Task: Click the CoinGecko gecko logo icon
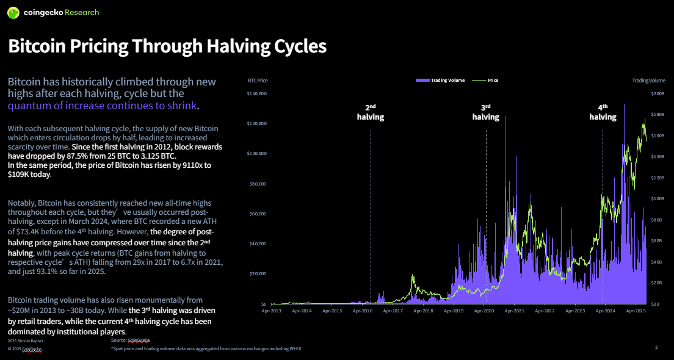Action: point(12,12)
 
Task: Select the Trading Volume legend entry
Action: point(440,80)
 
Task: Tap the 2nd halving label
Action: point(371,112)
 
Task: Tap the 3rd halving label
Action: point(486,112)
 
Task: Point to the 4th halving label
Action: point(603,112)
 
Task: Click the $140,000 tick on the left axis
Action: point(257,94)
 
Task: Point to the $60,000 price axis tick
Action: point(258,214)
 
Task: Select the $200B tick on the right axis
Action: point(658,94)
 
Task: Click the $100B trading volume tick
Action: point(658,199)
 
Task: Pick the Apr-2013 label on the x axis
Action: point(272,311)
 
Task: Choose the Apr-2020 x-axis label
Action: point(484,311)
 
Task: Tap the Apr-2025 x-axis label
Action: point(636,311)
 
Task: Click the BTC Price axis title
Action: point(258,81)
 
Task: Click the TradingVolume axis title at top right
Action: point(648,81)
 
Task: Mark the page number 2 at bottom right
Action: point(656,347)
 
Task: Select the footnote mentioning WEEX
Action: point(206,348)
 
